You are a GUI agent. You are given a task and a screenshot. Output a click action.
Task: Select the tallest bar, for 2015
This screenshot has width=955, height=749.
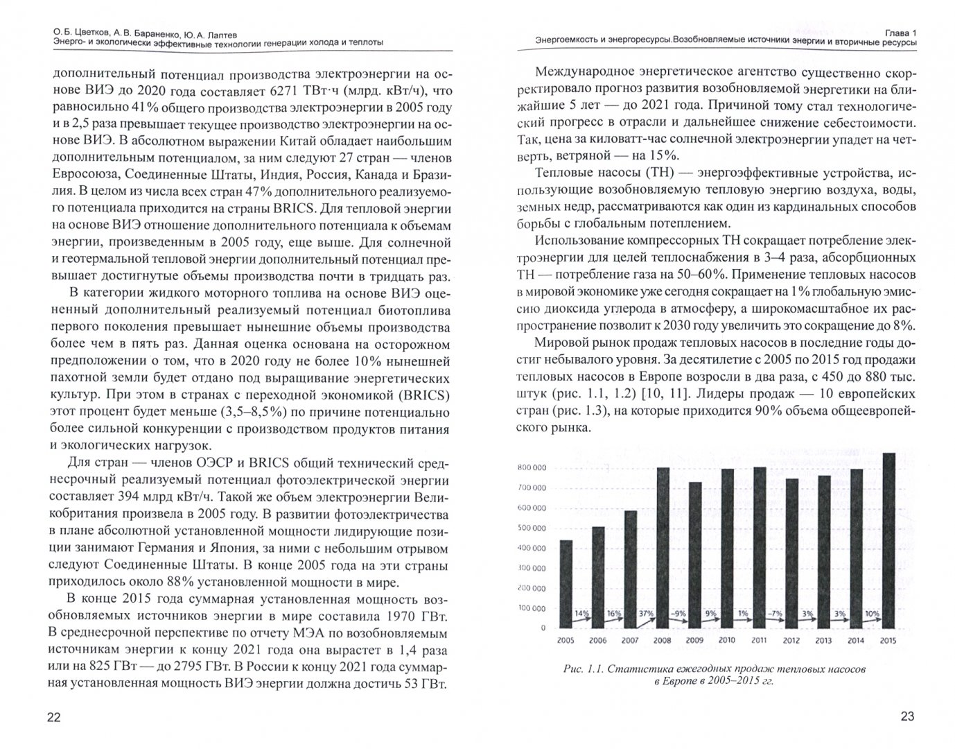[887, 540]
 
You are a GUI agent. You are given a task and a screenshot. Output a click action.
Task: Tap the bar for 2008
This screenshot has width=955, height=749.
[663, 548]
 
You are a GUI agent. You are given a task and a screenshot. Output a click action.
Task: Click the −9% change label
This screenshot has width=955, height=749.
[678, 614]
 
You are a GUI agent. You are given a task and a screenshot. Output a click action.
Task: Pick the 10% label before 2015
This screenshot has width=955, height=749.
[871, 614]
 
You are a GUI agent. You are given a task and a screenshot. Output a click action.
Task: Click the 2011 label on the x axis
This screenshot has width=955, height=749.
[759, 640]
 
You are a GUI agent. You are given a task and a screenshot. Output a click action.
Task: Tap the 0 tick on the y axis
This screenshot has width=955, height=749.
[542, 628]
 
